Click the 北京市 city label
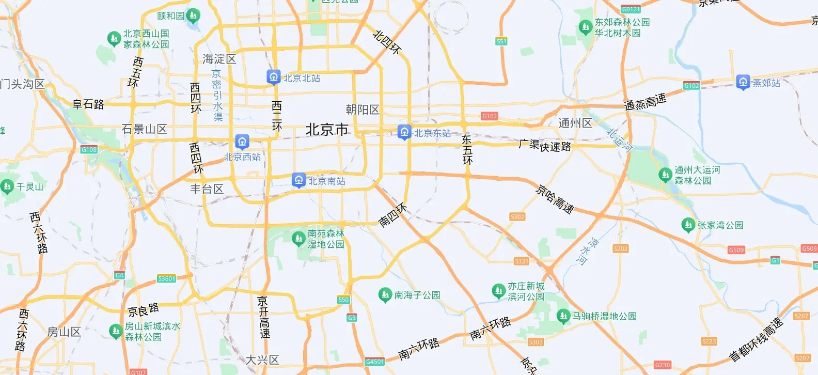click(x=327, y=130)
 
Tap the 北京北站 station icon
click(x=273, y=77)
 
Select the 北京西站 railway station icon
click(x=242, y=141)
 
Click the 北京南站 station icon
click(x=298, y=180)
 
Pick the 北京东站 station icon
click(x=404, y=132)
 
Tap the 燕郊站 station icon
click(x=743, y=82)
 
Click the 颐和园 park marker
click(x=193, y=15)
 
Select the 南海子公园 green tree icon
click(x=385, y=294)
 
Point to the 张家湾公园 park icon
click(x=687, y=225)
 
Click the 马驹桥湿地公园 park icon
click(x=563, y=315)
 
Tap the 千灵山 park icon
click(x=7, y=186)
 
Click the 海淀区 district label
click(x=219, y=59)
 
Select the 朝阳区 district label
click(x=363, y=110)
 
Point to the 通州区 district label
click(x=575, y=123)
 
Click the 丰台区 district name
click(x=207, y=189)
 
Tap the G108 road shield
click(x=89, y=150)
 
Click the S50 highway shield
click(x=343, y=300)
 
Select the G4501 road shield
click(x=374, y=362)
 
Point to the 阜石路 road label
click(x=88, y=104)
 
